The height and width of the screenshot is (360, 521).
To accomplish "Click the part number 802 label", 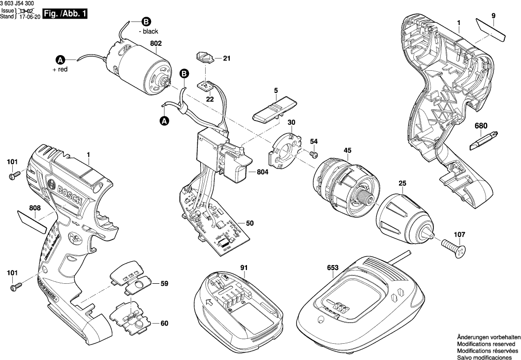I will coord(156,43).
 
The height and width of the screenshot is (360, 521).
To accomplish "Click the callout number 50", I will coord(249,224).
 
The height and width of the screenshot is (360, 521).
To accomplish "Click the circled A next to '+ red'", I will coord(60,60).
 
